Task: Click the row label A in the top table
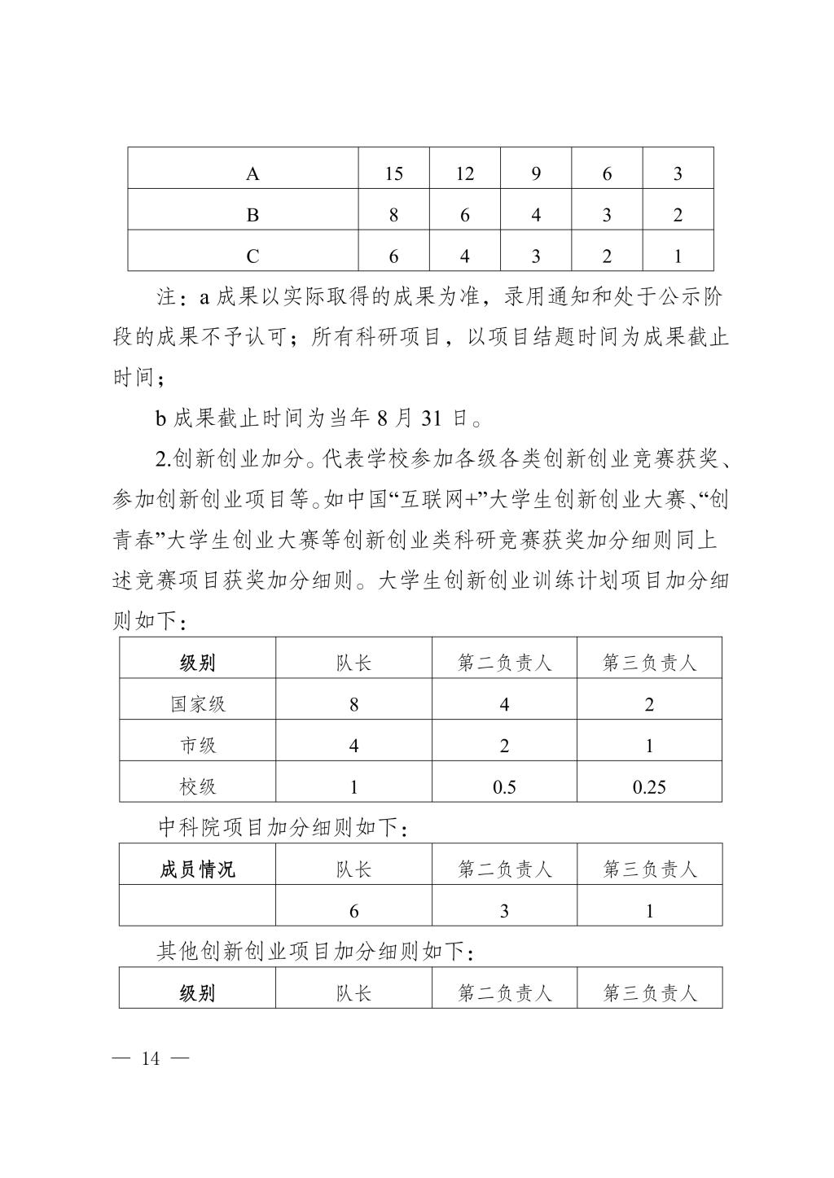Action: [252, 174]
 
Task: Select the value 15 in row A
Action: [394, 174]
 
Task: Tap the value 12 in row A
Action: [464, 174]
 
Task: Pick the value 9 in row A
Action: [536, 174]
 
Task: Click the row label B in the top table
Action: [252, 216]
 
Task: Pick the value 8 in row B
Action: [394, 216]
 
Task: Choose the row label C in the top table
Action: [252, 257]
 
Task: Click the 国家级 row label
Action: [198, 704]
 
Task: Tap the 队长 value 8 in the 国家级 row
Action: [353, 704]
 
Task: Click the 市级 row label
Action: [198, 746]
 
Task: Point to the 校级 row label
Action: [198, 786]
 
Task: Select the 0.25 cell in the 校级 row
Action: [649, 787]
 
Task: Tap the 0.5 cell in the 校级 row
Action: [504, 787]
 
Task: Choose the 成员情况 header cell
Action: [197, 869]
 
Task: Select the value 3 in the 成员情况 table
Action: [504, 911]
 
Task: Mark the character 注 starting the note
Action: [167, 297]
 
